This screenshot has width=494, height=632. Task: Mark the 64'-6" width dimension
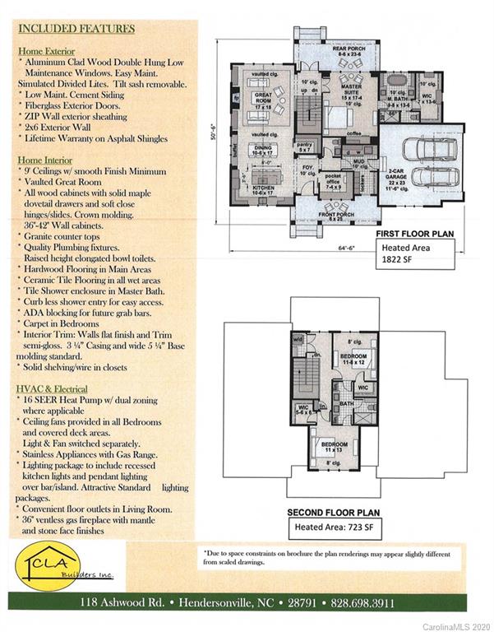pos(333,247)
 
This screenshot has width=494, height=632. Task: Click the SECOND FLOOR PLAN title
pos(332,512)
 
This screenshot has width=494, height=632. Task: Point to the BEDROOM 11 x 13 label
pos(332,449)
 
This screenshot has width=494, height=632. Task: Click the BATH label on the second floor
pos(348,404)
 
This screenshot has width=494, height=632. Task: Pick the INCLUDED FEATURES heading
pos(75,29)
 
